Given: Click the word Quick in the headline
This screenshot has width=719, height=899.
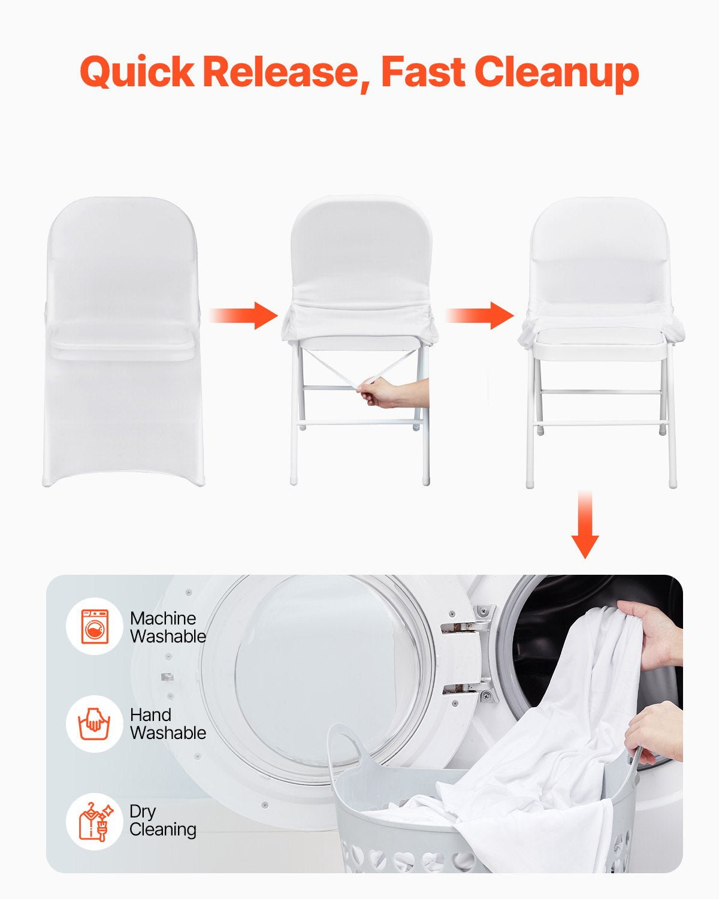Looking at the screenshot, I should coord(137,73).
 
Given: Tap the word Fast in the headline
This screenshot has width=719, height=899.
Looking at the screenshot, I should coord(423,73).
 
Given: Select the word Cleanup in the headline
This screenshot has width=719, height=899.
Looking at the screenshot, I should coord(557,73).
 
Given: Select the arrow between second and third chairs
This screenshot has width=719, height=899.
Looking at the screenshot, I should coord(480,315).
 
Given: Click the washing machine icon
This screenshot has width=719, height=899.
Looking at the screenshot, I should coord(95,627).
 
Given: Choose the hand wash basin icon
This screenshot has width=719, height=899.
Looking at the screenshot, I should coord(95,723).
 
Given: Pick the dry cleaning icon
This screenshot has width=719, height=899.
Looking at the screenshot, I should coord(95,821).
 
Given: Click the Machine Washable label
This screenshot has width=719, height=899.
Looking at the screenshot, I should coord(168,627).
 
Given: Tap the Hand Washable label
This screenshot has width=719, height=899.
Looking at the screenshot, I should coord(168,723).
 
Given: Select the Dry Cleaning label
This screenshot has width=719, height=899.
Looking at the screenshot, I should coord(163,820).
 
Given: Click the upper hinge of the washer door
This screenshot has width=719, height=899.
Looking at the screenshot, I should coord(470,620).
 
